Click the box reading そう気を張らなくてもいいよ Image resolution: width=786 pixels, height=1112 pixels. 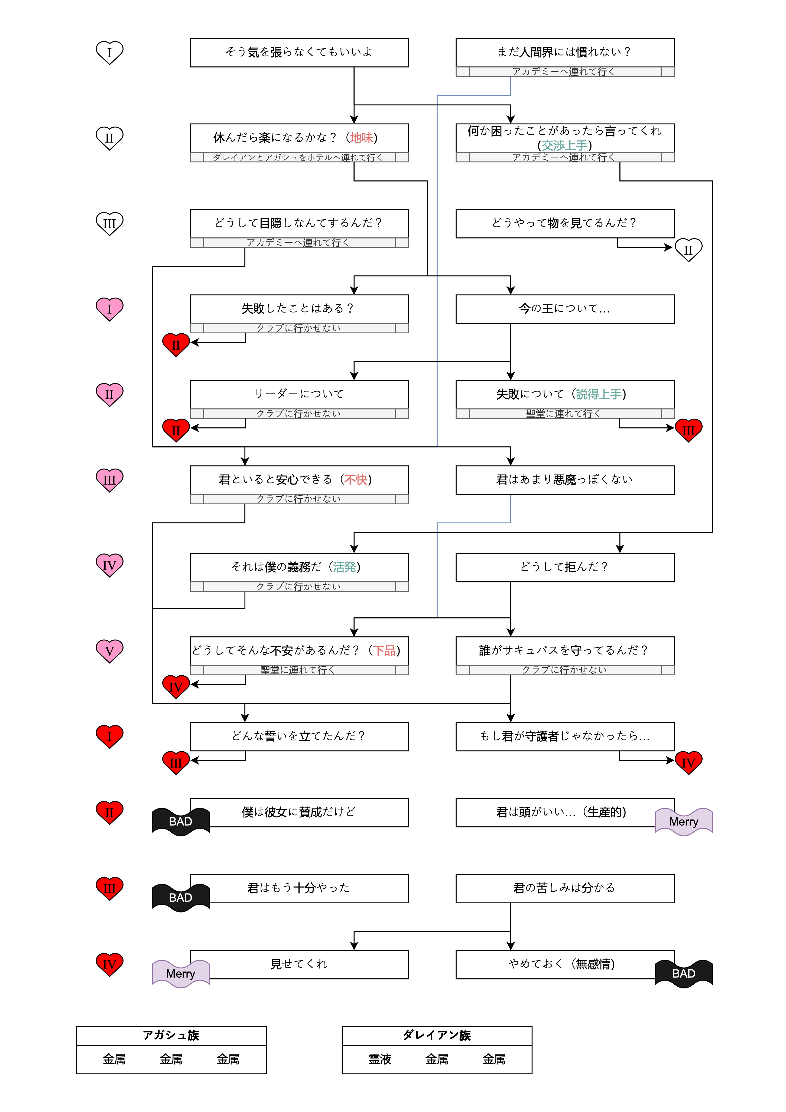299,52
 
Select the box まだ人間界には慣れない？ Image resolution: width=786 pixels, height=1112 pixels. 564,52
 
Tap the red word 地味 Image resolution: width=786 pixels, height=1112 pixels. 362,138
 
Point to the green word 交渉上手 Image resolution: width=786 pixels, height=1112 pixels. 564,145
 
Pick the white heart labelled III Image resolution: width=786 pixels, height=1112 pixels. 109,223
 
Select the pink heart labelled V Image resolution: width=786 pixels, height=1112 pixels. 109,650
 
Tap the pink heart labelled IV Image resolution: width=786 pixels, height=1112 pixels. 109,565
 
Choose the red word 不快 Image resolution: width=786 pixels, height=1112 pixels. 356,479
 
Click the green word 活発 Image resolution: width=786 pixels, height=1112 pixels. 344,567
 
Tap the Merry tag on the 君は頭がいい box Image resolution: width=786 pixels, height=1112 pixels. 683,821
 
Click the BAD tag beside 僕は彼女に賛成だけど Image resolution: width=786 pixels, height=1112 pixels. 181,821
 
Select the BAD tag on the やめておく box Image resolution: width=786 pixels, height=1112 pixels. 683,974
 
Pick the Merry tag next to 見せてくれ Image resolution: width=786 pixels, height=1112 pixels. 181,974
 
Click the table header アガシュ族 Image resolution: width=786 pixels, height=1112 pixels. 171,1036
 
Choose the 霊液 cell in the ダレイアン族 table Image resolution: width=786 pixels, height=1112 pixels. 380,1059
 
